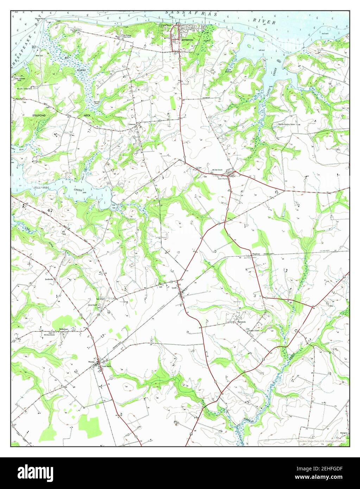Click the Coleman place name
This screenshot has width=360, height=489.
(132, 124)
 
